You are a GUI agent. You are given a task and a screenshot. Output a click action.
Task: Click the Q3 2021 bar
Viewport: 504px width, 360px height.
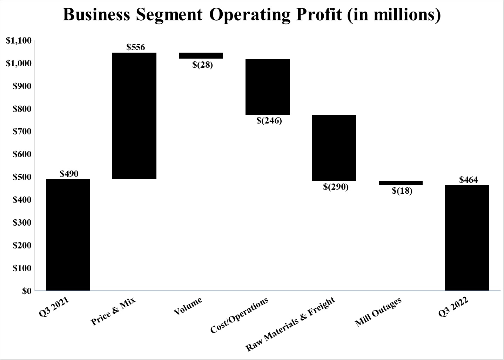point(68,235)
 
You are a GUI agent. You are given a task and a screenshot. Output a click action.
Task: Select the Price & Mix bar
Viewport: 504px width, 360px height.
point(134,116)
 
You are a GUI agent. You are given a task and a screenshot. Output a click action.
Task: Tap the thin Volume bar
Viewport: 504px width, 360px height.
point(201,55)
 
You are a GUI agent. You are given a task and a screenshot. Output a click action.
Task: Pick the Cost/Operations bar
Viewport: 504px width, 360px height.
point(268,87)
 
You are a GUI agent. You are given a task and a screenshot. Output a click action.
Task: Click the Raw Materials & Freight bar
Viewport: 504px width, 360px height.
point(334,148)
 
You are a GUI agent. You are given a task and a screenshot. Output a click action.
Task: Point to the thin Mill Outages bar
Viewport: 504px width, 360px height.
point(401,183)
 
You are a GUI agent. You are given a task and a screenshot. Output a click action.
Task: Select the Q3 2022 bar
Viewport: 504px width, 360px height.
point(467,238)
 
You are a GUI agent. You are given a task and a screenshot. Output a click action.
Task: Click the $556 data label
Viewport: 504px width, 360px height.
point(136,47)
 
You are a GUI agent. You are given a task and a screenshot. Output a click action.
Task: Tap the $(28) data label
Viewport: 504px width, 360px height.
point(202,65)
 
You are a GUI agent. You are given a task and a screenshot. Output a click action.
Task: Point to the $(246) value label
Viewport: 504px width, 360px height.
point(269,121)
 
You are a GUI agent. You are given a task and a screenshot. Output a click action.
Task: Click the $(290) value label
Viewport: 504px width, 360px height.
point(336,187)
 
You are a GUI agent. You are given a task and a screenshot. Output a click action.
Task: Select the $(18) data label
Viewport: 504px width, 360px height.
point(402,191)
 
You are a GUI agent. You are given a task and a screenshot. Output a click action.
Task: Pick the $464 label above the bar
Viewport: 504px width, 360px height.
point(468,180)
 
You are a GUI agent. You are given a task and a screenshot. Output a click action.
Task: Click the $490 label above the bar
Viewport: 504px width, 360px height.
point(69,174)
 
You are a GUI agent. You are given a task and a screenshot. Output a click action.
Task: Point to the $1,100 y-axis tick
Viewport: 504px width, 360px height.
point(19,41)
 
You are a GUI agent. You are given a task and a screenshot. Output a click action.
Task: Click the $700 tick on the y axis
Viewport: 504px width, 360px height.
point(22,132)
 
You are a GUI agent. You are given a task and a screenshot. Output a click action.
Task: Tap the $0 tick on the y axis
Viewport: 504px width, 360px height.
point(27,291)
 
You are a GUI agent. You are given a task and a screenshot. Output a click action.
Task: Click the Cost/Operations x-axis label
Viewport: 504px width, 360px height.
point(240,315)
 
